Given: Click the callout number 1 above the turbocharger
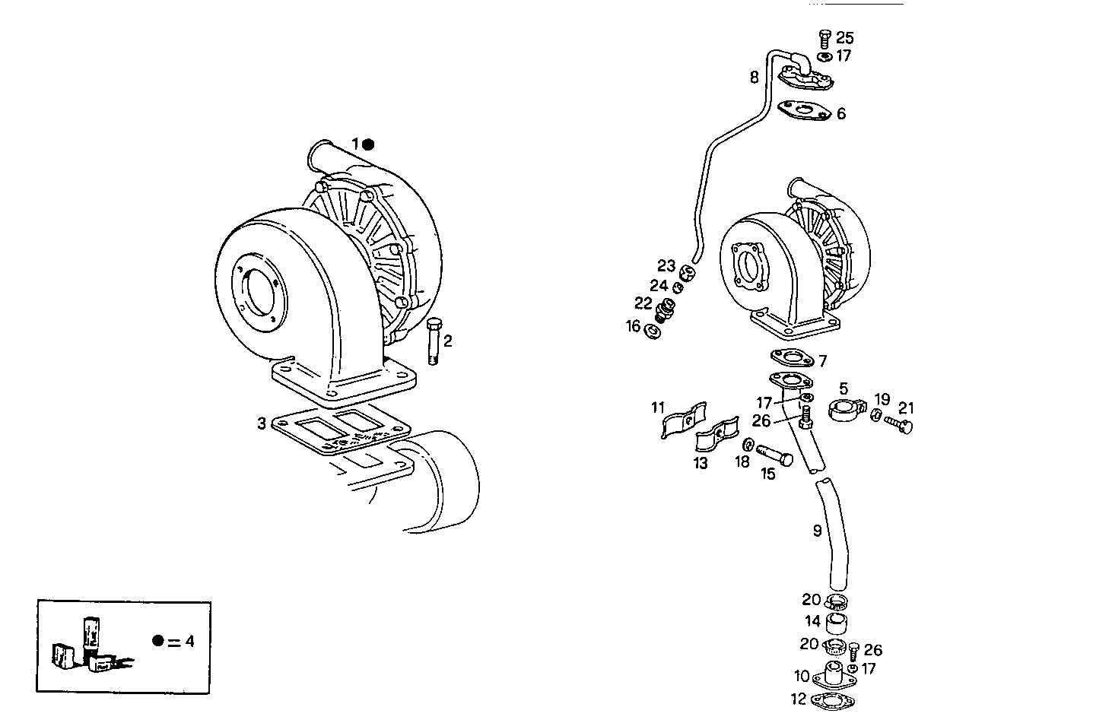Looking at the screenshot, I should [x=354, y=144].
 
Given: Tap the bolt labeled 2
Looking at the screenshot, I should [x=433, y=342].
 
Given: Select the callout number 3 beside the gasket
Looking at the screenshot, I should [x=262, y=423].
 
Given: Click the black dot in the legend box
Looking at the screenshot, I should [x=157, y=641].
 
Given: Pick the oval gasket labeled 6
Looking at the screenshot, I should [x=803, y=111].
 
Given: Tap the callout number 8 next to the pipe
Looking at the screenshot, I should [x=754, y=77].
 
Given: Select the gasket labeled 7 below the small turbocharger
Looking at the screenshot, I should [x=791, y=357].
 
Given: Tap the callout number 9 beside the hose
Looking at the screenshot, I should [x=818, y=531].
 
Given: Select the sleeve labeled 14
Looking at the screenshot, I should [x=837, y=625].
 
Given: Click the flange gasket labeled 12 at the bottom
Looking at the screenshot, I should [x=831, y=701].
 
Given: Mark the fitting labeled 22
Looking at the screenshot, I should [x=666, y=309].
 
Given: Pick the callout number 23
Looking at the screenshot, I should [x=666, y=266].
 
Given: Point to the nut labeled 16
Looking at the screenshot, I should [x=652, y=331].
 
